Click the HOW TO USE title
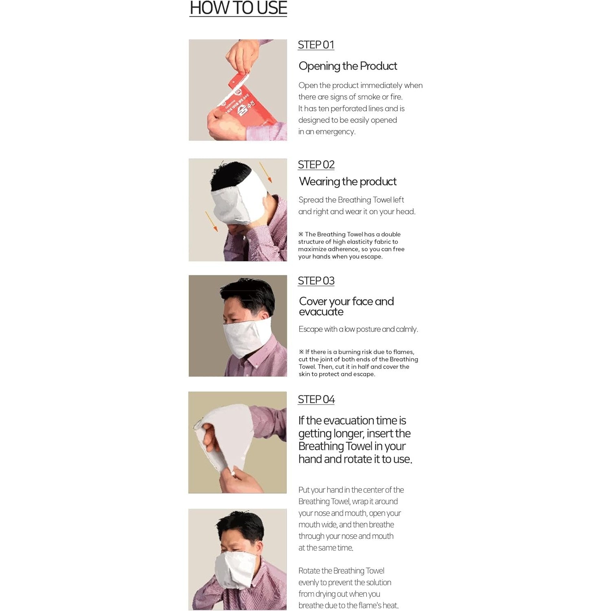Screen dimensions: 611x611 pyautogui.click(x=238, y=8)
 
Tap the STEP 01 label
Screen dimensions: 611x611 pyautogui.click(x=316, y=45)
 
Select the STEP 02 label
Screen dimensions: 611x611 pyautogui.click(x=316, y=165)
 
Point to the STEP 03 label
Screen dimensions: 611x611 pyautogui.click(x=316, y=281)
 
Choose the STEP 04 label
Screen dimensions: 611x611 pyautogui.click(x=316, y=399)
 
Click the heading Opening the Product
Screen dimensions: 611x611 pyautogui.click(x=348, y=66)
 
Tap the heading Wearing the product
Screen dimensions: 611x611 pyautogui.click(x=348, y=182)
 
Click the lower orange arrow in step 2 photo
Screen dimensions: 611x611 pyautogui.click(x=211, y=221)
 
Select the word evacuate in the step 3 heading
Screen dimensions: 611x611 pyautogui.click(x=321, y=312)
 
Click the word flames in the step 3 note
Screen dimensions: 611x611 pyautogui.click(x=403, y=352)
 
